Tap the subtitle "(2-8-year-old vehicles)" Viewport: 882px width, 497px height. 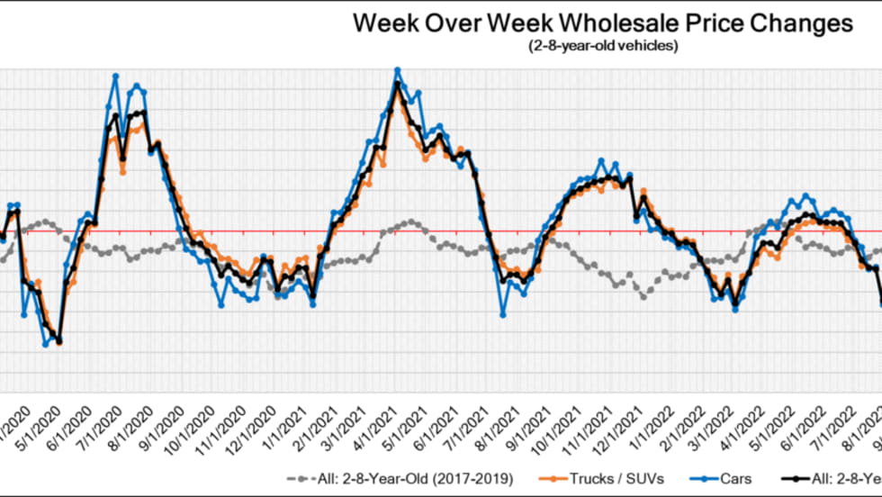coord(601,46)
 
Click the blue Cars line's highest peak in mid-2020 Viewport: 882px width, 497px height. coord(115,76)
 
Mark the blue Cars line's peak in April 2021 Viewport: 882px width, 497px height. coord(397,69)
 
